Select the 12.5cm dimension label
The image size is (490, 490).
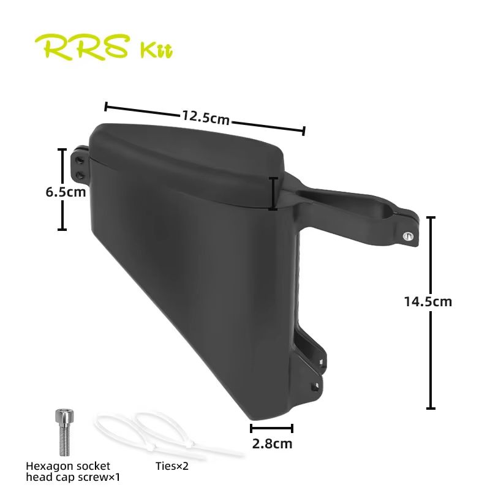(x=205, y=116)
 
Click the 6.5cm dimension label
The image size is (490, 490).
(x=65, y=192)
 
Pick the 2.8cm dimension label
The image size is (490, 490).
(x=271, y=443)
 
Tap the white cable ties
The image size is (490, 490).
(x=165, y=434)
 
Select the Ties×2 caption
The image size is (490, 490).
(x=172, y=466)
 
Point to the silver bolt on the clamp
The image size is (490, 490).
(x=407, y=235)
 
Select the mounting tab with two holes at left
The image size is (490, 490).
(x=80, y=166)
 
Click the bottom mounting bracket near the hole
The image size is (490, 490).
(x=315, y=385)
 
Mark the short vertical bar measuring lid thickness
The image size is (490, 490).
(x=273, y=194)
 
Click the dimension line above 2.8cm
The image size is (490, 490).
(x=271, y=428)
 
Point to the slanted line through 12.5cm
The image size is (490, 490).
(x=269, y=125)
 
